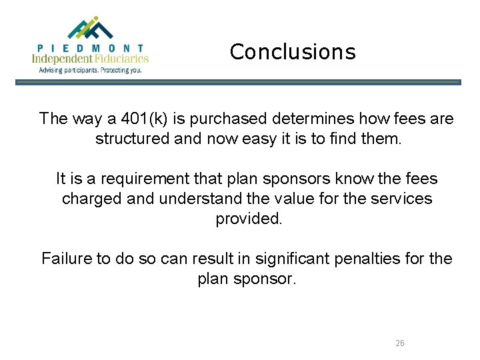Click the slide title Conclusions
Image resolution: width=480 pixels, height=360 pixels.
pyautogui.click(x=293, y=51)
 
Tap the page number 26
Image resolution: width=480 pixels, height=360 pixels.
pyautogui.click(x=399, y=343)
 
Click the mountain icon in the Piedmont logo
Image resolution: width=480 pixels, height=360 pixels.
pyautogui.click(x=91, y=28)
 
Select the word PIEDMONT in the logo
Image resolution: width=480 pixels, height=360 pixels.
pyautogui.click(x=91, y=48)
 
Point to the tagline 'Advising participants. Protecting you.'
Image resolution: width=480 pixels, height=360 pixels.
pyautogui.click(x=91, y=69)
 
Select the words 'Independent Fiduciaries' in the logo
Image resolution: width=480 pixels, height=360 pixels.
pyautogui.click(x=91, y=59)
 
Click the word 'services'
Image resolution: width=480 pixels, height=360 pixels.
pyautogui.click(x=404, y=199)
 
